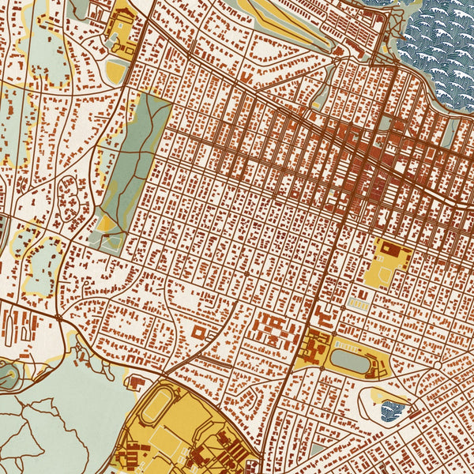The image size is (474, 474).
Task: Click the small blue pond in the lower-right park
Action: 393,409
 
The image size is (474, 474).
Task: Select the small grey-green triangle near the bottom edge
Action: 317,450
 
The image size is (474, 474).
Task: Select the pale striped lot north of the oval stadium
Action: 360,301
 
